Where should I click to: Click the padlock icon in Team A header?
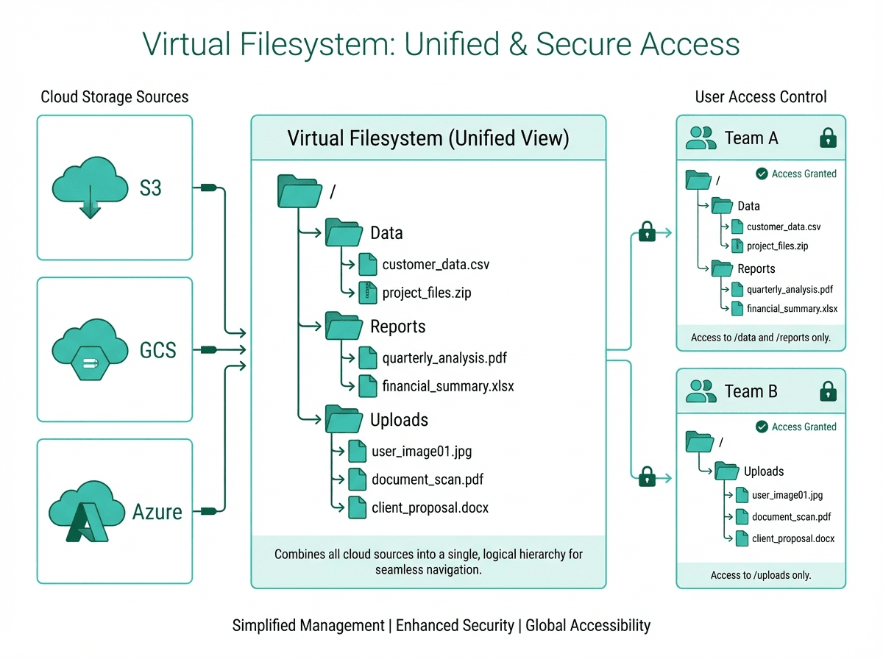click(829, 138)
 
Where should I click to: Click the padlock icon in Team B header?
click(829, 391)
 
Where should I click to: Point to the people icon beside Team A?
click(701, 138)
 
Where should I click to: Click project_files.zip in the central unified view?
click(427, 293)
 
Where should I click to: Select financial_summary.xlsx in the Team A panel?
click(792, 309)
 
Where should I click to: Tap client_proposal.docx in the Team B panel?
click(793, 538)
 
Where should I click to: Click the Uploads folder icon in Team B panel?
click(726, 471)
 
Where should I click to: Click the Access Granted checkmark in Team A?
click(762, 174)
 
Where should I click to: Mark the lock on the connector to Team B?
click(648, 477)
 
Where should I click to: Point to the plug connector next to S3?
click(208, 188)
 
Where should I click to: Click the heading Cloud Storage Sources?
click(114, 97)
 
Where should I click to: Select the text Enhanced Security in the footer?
click(455, 626)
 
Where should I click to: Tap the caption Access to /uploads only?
click(761, 575)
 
